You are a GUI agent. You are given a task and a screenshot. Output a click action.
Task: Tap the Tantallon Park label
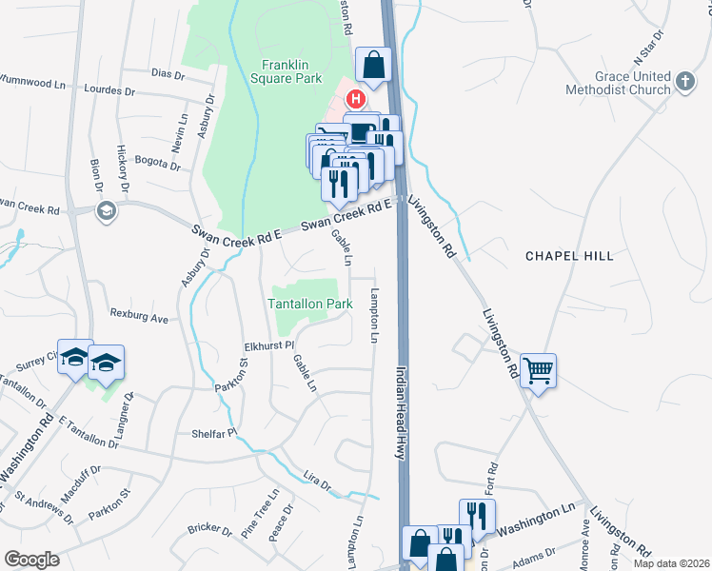309,304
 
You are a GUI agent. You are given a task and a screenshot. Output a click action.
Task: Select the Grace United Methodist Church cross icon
683,83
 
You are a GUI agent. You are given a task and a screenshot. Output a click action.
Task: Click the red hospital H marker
356,98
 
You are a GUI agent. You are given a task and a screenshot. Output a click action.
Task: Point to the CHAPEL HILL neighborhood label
569,256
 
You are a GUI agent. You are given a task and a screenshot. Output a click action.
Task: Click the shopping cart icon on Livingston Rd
538,369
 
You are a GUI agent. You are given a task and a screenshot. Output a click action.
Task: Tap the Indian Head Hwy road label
401,413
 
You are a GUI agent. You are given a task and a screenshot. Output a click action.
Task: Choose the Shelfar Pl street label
211,430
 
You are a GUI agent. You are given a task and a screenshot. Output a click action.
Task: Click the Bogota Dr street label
157,163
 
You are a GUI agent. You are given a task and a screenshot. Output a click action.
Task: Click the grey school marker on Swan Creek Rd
106,209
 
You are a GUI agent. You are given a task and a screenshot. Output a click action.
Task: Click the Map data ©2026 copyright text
670,563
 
